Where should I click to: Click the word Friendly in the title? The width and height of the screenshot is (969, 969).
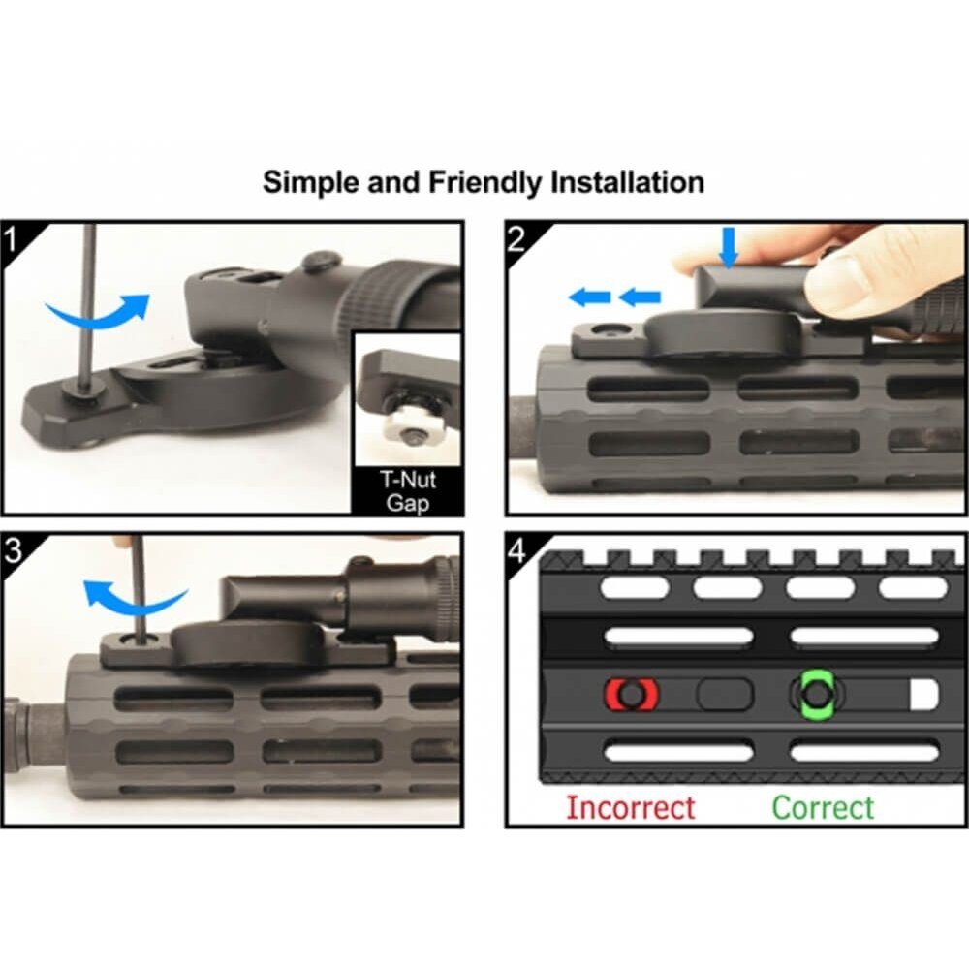pos(484,183)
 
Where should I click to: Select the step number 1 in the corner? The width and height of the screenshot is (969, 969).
pos(11,240)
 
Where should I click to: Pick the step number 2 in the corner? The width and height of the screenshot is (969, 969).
pos(516,239)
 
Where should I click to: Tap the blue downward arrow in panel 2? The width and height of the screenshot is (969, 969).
pos(730,247)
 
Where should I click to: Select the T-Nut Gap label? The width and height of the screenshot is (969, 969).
pos(408,491)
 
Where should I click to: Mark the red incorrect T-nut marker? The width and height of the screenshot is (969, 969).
pos(631,694)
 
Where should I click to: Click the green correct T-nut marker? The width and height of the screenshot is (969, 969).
pos(817,695)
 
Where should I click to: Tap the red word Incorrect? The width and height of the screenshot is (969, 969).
pos(631,808)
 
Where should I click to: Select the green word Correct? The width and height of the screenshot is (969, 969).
pos(823,808)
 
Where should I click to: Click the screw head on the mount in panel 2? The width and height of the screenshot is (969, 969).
pos(603,330)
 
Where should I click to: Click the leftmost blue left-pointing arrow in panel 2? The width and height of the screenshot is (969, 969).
pos(589,297)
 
